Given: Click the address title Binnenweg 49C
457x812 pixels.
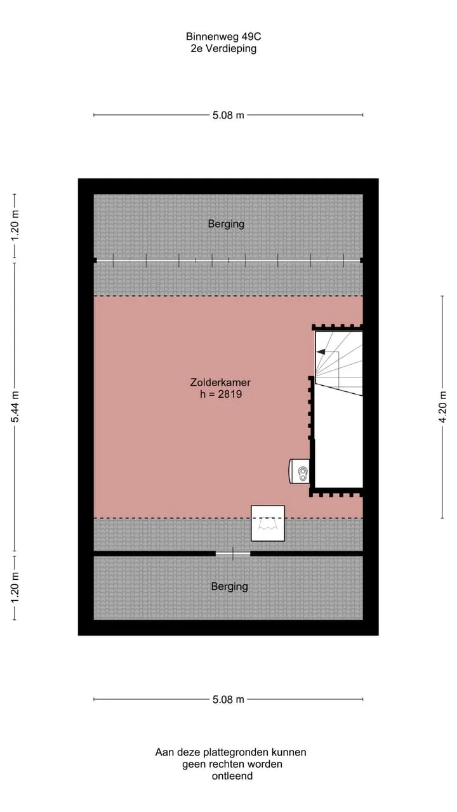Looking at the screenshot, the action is (x=223, y=37).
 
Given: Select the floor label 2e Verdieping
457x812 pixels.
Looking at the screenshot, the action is (x=223, y=49).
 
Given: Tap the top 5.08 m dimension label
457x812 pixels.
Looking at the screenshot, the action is (x=228, y=115).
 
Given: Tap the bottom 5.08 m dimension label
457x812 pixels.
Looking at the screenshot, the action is (x=228, y=700).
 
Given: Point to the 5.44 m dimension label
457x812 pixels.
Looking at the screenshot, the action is (x=15, y=407).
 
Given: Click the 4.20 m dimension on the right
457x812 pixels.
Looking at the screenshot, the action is (x=442, y=407).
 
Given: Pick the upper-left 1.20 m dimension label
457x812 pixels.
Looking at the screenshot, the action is (x=15, y=225).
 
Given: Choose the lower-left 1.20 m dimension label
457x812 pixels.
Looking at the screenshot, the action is (x=15, y=588).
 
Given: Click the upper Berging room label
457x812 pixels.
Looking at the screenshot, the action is (x=226, y=224).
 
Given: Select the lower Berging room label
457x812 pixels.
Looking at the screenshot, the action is (x=230, y=587).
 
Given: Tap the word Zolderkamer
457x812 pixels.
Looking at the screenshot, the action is (x=220, y=383).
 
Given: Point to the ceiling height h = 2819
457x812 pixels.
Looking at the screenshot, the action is (x=221, y=394).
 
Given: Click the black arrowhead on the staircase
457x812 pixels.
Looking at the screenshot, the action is (x=321, y=351).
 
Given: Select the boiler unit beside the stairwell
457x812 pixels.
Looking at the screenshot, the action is (x=299, y=471).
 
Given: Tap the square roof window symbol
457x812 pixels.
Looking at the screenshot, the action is (x=268, y=523).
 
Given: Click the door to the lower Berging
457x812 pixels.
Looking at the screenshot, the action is (x=233, y=554).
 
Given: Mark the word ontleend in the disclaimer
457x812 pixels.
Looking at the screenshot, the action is (x=232, y=776).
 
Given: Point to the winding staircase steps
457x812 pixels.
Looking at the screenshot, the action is (x=339, y=363).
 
